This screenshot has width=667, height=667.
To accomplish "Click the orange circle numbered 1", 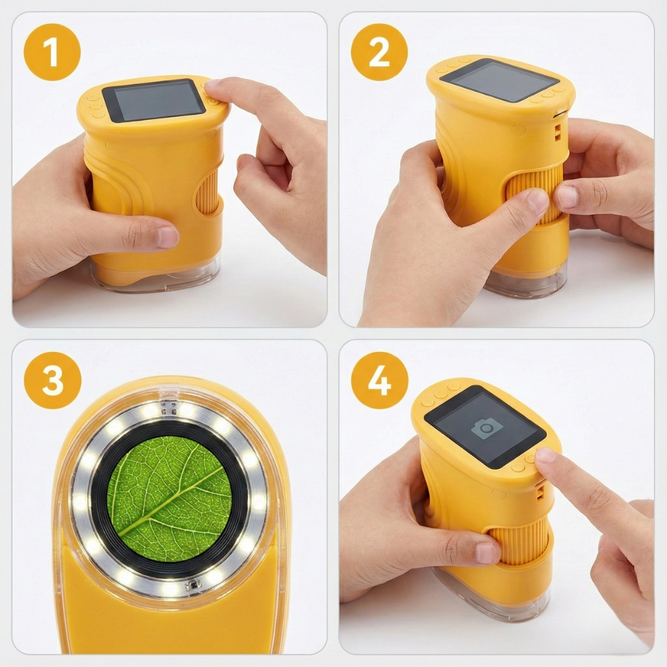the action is point(52,52).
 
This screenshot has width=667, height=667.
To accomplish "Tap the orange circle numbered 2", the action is point(379,52).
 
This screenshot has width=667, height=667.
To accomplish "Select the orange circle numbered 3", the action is point(52,380).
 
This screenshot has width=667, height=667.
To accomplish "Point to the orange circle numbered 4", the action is point(380,380).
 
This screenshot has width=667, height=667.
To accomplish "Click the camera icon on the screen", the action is point(487,429).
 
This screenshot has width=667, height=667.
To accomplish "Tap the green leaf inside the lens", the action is point(169,498).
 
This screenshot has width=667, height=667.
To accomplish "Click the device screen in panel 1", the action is point(154,100).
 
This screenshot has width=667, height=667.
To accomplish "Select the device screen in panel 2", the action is point(500,81).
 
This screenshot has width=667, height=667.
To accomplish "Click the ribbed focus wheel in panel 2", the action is point(534,193).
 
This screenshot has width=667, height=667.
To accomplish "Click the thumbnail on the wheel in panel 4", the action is point(486,553).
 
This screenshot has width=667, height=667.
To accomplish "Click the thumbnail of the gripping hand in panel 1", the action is point(167,237).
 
